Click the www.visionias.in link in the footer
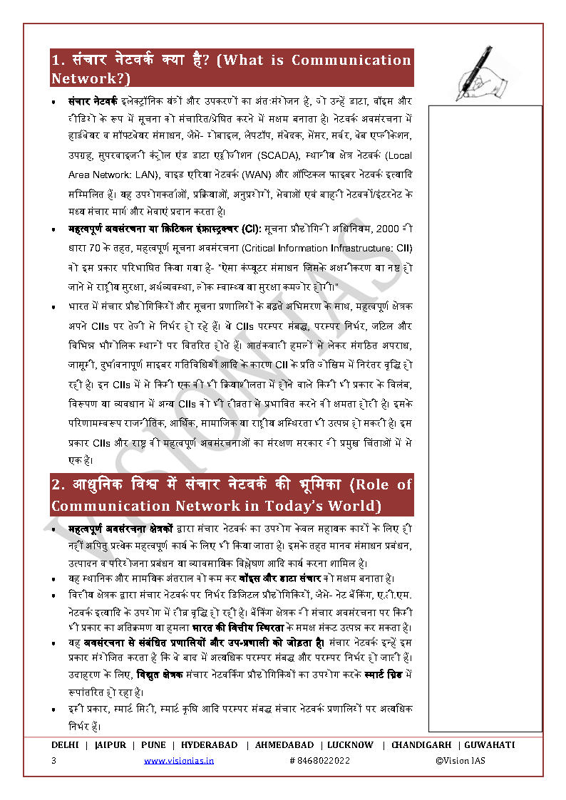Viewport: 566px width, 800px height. [179, 761]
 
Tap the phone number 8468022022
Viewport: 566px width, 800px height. [320, 761]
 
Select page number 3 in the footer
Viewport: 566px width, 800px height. [53, 761]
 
